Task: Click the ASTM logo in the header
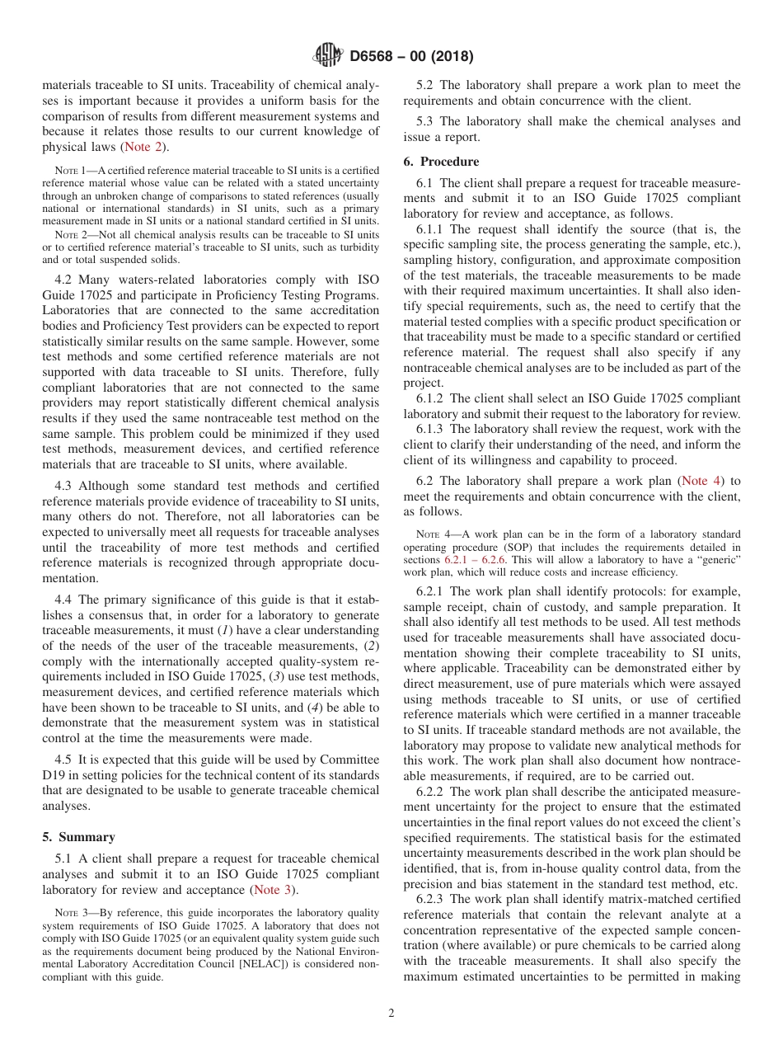[327, 56]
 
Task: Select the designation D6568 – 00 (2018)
[411, 57]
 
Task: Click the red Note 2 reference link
[143, 148]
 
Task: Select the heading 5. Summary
[79, 837]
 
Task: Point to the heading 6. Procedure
[441, 162]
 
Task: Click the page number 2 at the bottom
[391, 1014]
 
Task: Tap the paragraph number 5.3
[427, 121]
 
